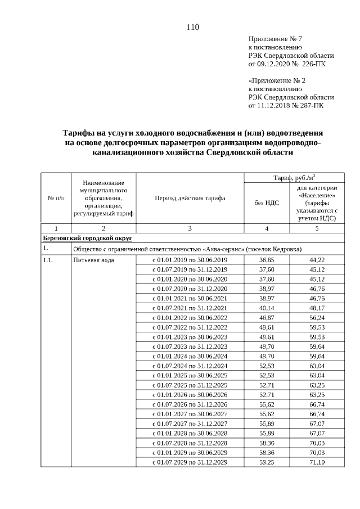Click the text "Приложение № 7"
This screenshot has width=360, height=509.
coord(276,39)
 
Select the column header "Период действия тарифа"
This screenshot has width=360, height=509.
coord(190,199)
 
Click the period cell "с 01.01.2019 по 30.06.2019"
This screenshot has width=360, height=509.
coord(190,260)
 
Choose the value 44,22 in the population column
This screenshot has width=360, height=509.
coord(317,260)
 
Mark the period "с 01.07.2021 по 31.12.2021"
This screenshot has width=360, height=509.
coord(190,308)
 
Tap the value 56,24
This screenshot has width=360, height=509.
coord(317,318)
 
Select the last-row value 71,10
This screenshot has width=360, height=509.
coord(317,462)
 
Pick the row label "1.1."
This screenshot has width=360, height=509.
coord(48,260)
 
